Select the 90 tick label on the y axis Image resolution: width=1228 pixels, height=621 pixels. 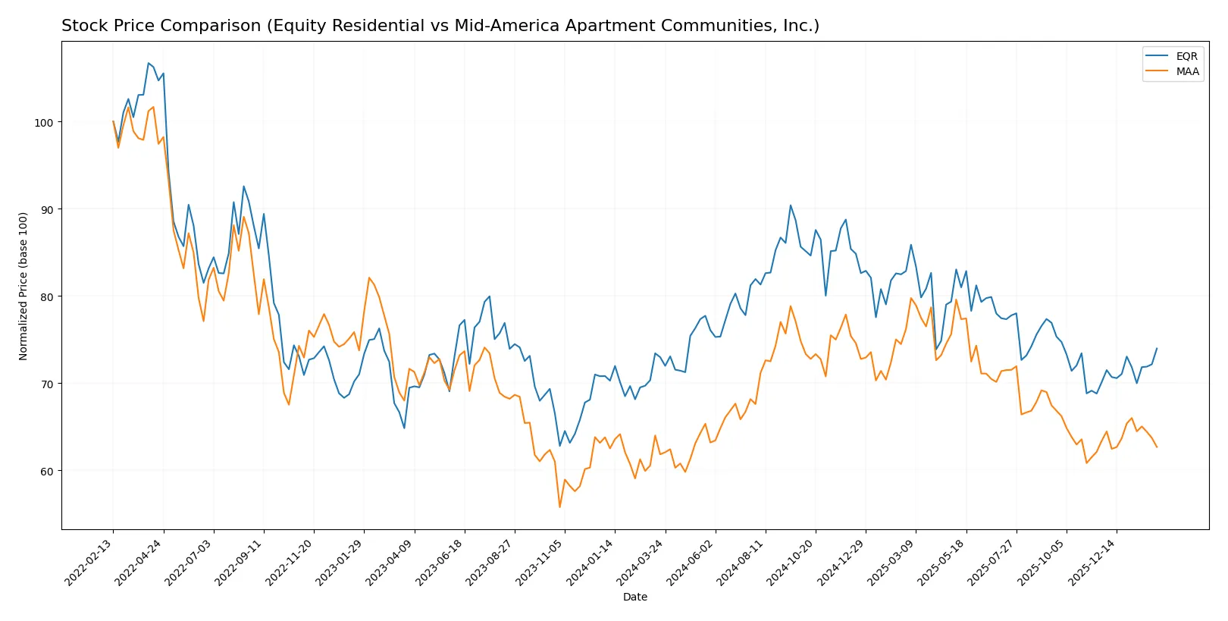pos(45,210)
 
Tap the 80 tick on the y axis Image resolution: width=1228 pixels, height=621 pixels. pos(45,297)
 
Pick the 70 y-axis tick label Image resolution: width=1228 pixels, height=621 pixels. pos(45,384)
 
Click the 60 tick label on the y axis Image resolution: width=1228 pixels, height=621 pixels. pos(45,472)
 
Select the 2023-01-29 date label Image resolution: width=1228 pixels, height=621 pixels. pos(341,562)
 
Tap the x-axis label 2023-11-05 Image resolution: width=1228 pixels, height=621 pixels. pos(541,562)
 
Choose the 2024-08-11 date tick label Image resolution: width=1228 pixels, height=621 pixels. pos(742,562)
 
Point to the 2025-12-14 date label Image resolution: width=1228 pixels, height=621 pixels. pos(1094,562)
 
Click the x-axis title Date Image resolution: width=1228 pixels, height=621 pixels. pos(635,597)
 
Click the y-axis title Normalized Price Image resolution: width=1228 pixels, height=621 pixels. pos(23,286)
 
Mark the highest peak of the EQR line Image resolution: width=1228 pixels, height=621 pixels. pos(149,63)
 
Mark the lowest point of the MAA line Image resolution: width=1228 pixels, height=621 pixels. pos(559,507)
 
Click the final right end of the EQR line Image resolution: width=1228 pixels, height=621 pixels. pos(1157,349)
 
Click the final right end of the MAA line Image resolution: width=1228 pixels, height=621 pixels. pos(1157,447)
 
